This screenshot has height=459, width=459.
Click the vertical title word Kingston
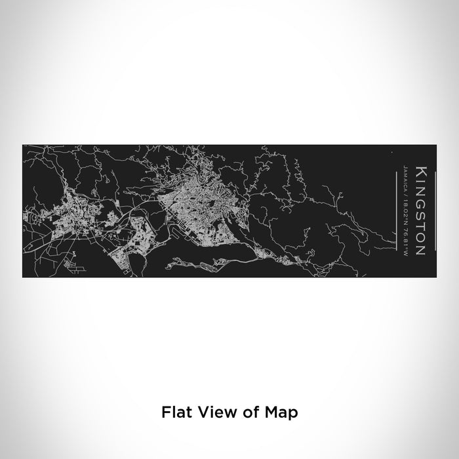tap(421, 210)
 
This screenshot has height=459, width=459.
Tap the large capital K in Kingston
tap(421, 172)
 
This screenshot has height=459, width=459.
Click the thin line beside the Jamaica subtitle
tap(398, 210)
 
